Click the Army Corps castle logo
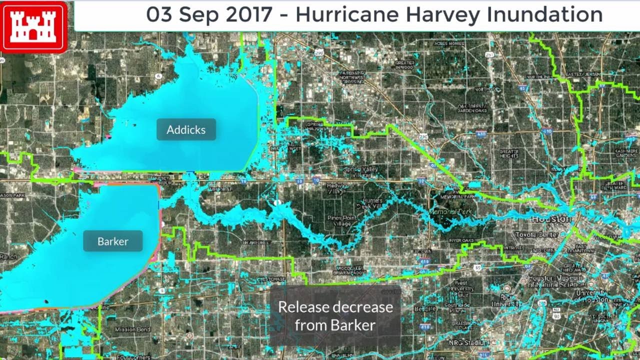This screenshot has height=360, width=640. click(x=34, y=26)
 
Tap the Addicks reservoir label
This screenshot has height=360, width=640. click(x=186, y=129)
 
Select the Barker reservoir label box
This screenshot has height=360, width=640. click(x=113, y=241)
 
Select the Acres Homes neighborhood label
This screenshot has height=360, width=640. click(x=449, y=44)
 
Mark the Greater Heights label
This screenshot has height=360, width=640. click(x=509, y=153)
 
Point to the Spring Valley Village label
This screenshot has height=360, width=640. click(x=360, y=172)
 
